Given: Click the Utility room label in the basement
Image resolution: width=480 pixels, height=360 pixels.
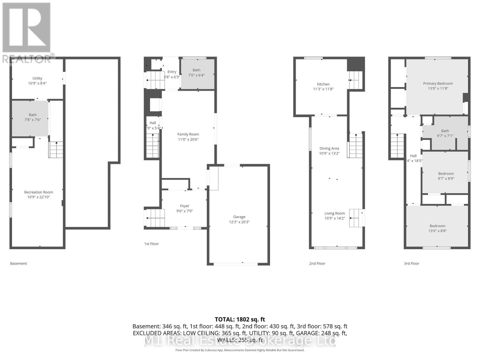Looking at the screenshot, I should [x=37, y=78].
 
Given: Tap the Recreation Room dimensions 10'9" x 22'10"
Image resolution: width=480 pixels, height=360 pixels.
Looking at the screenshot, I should [x=38, y=197].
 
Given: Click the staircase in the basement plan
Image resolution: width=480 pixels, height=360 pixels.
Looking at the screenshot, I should [x=56, y=150].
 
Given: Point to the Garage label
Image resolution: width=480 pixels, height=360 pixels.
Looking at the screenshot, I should [x=239, y=217].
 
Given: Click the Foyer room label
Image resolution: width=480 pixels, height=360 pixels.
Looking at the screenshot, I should [x=184, y=206].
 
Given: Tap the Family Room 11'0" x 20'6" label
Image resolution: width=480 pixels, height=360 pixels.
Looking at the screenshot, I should [x=188, y=137].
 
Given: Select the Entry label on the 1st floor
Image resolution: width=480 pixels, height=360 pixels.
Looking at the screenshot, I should [x=172, y=72].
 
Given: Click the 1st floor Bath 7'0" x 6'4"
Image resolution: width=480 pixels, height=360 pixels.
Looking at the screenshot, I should [x=196, y=73].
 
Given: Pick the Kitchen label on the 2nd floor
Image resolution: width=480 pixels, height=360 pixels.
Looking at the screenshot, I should [x=323, y=84].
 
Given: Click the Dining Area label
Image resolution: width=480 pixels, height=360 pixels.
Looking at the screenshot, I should [x=329, y=148].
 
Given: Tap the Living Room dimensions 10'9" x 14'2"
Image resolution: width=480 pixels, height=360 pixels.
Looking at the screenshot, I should [x=334, y=218].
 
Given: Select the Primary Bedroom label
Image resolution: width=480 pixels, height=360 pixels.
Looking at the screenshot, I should [x=438, y=84].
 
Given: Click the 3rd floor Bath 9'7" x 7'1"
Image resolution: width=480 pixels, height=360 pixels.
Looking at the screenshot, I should [x=445, y=133].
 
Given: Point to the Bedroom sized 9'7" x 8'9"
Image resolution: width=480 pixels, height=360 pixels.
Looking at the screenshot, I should [x=446, y=176].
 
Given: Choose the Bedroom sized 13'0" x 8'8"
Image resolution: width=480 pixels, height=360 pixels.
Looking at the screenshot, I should [x=437, y=228].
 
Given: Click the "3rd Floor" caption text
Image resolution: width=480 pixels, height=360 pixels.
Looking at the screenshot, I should [x=411, y=263].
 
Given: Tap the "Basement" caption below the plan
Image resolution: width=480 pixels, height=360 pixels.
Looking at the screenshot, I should [x=19, y=263].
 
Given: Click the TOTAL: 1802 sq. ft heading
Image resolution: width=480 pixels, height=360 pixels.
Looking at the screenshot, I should [x=240, y=319].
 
